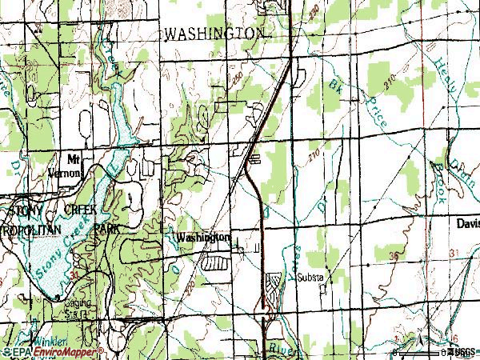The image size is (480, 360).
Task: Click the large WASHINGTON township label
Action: pyautogui.click(x=214, y=34)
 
